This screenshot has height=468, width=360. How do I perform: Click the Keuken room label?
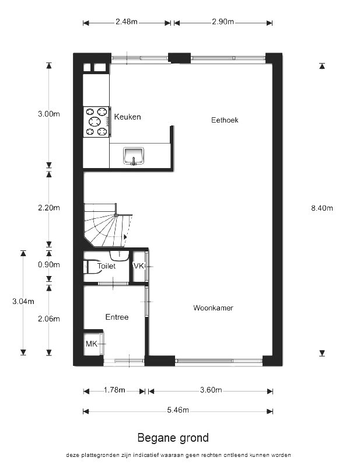pos(127,117)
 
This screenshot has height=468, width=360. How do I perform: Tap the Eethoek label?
pos(225,120)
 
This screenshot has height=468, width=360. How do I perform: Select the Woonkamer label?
pos(213,308)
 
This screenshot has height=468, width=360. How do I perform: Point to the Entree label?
pos(117,317)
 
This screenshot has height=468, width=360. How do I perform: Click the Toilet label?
pos(106,266)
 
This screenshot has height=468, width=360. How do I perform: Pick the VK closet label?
pos(138,266)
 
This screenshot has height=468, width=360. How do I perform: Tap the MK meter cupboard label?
pos(92,344)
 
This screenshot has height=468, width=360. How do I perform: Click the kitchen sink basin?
pos(134,156)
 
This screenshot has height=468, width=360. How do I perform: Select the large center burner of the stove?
pos(95,121)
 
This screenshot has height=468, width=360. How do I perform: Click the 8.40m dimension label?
pos(322,208)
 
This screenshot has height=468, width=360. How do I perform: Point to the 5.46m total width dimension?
pos(178,410)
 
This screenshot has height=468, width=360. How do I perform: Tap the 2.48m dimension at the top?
pos(127,22)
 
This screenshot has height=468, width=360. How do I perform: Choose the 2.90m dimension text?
pos(223,22)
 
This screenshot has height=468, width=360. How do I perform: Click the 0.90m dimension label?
pos(48,264)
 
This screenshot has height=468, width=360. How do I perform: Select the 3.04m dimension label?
pos(23,302)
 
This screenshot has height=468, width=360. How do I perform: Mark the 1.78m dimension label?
pos(114,390)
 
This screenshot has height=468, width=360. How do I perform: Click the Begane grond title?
pos(173,438)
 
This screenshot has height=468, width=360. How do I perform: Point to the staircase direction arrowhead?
pos(125,237)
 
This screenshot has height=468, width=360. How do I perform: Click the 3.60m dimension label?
pos(211,390)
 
